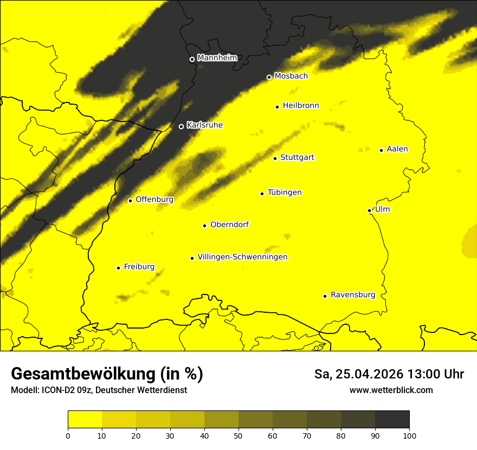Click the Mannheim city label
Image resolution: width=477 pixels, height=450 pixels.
click(217, 58)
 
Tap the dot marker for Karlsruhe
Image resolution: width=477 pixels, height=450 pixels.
click(181, 126)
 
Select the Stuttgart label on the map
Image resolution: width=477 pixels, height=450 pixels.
click(297, 158)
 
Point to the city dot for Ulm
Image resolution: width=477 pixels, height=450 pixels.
click(369, 210)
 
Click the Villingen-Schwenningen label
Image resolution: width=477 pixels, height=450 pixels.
click(242, 257)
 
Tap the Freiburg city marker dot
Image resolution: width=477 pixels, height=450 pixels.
click(118, 268)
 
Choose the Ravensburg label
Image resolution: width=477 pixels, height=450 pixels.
click(352, 295)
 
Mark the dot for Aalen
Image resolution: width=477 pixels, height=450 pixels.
click(381, 150)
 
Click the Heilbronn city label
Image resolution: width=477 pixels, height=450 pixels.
click(301, 106)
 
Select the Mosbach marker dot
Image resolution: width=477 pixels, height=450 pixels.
click(269, 77)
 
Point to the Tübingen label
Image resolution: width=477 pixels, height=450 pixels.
click(284, 192)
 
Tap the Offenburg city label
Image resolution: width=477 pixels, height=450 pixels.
click(154, 200)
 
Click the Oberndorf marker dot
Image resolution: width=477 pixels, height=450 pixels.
click(204, 226)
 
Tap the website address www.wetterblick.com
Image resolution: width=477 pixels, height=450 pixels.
click(391, 390)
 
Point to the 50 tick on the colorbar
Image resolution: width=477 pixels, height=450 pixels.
click(238, 435)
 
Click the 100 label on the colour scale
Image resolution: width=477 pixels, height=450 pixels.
click(409, 435)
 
